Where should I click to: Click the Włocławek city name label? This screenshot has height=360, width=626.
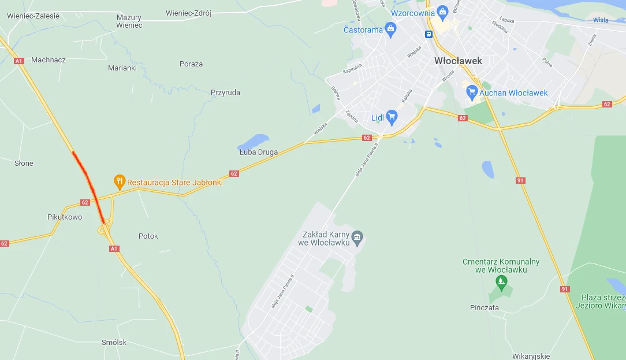[x=458, y=61]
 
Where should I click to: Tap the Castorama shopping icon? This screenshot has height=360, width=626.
[x=391, y=29]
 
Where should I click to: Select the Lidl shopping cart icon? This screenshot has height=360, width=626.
[x=392, y=117]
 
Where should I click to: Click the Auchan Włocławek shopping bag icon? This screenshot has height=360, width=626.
[x=472, y=92]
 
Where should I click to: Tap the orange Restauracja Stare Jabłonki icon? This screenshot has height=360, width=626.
[x=120, y=181]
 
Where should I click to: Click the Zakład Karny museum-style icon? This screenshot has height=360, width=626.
[x=357, y=237]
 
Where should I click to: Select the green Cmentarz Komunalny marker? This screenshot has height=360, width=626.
[x=501, y=282]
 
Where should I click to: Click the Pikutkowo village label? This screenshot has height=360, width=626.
[x=65, y=217]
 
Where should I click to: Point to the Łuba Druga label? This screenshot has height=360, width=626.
[x=259, y=153]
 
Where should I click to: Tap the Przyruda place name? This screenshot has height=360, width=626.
[x=225, y=92]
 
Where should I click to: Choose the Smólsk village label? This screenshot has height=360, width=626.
[x=114, y=342]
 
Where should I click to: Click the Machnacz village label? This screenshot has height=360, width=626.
[x=49, y=60]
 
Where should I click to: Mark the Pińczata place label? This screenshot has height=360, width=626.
[x=484, y=308]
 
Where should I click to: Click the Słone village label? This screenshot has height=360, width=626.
[x=24, y=164]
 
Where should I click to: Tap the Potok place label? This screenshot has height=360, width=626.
[x=148, y=236]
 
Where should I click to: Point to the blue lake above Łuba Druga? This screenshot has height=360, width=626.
[x=253, y=142]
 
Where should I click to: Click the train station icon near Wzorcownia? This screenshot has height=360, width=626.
[x=429, y=34]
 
